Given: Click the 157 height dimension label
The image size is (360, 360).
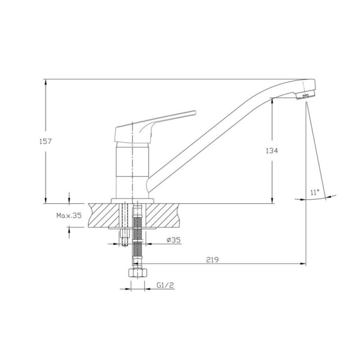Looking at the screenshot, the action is [46, 141].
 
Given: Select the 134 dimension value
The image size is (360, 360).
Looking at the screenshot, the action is [272, 151].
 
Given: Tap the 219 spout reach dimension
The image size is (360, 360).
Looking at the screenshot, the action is [212, 260].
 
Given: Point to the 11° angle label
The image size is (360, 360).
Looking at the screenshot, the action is [315, 192].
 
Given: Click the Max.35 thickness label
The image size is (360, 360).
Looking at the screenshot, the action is [69, 216].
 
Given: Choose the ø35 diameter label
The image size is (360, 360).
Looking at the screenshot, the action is [174, 240].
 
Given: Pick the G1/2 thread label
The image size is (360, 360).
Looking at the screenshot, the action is [165, 285].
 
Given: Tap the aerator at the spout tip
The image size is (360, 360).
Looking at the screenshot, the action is [306, 96].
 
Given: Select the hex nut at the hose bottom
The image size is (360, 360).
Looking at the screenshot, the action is [137, 273].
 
